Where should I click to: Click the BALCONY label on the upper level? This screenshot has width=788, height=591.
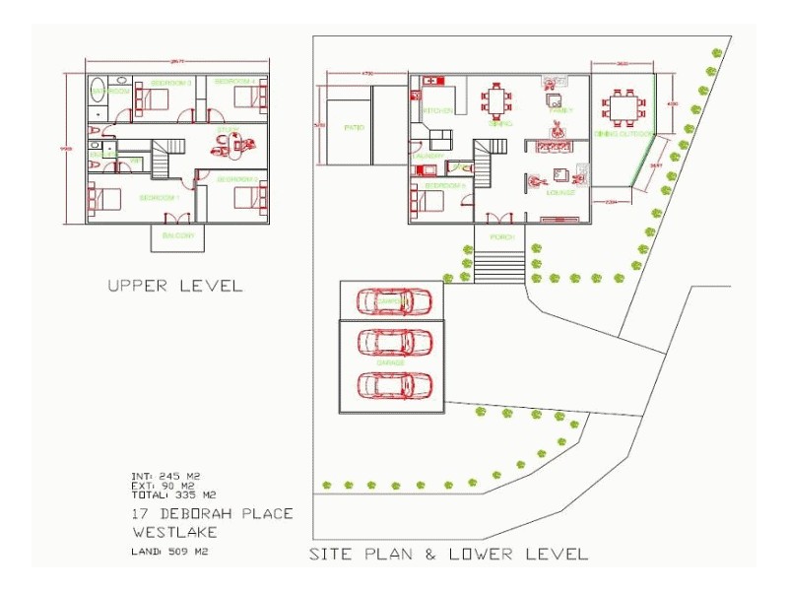[x=178, y=236]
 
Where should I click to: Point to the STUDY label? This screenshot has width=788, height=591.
[x=228, y=130]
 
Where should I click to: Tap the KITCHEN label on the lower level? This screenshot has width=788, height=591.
[x=437, y=111]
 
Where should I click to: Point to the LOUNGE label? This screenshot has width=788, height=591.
[x=559, y=193]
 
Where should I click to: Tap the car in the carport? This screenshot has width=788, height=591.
[x=393, y=300]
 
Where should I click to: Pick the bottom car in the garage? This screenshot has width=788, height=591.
[x=393, y=384]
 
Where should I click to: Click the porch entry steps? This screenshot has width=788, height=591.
[x=499, y=266]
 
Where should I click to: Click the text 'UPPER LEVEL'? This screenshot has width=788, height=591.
[x=174, y=286]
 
